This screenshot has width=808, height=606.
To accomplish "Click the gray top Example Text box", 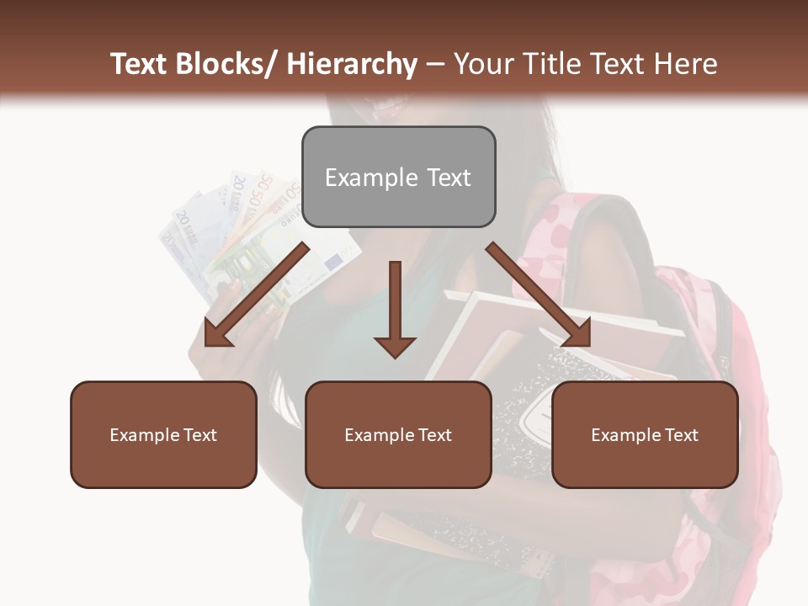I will tap(398, 177).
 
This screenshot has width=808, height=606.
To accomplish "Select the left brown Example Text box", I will tap(163, 434).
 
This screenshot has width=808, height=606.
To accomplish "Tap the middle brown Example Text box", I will tap(398, 434).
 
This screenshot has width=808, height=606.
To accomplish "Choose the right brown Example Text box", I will tap(645, 434).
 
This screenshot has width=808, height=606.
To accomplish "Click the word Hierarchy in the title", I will tap(352, 64).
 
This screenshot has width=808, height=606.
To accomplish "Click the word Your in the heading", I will tap(483, 64).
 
